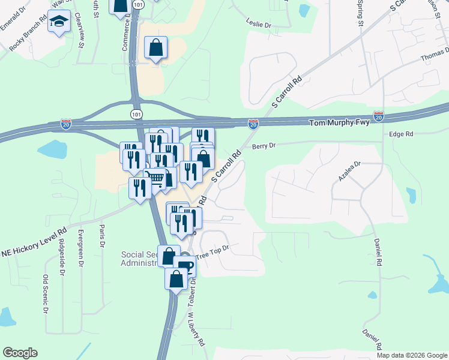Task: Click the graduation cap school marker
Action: [58, 22]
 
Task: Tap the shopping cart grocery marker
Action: [155, 178]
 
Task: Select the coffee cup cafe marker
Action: [185, 266]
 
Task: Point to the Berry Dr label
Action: [264, 146]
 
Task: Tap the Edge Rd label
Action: [402, 135]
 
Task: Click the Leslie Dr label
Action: [259, 26]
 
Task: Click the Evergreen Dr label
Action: [80, 245]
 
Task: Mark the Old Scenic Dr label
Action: [45, 294]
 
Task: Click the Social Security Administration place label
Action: [140, 259]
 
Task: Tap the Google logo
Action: [20, 353]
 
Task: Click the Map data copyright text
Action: [411, 355]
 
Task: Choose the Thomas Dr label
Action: [435, 56]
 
